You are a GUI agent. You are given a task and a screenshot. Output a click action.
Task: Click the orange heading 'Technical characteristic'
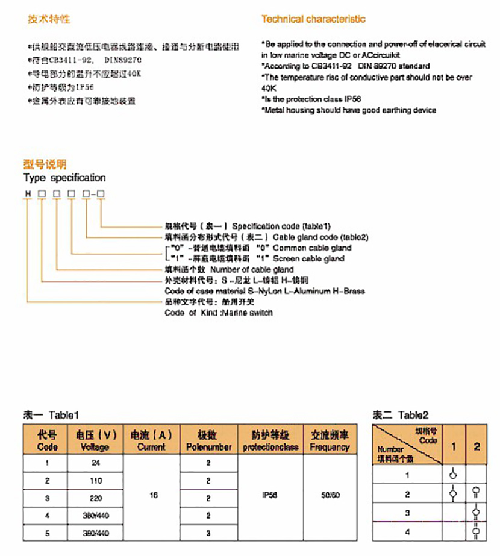click(313, 19)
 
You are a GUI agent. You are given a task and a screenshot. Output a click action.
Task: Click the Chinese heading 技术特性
click(49, 19)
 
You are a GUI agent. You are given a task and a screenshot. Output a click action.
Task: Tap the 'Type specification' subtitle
click(64, 178)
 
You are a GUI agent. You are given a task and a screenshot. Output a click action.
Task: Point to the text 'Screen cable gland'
click(308, 258)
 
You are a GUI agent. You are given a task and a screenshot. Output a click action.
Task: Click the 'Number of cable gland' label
click(252, 269)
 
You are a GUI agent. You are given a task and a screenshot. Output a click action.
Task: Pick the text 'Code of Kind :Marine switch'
click(219, 313)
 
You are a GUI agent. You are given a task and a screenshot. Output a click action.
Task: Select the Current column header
click(151, 440)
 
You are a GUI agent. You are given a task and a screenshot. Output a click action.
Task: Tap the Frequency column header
click(330, 440)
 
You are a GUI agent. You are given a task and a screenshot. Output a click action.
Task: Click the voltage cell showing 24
click(96, 464)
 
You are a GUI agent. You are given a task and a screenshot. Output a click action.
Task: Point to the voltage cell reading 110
click(96, 481)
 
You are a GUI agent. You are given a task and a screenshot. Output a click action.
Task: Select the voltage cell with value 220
click(96, 499)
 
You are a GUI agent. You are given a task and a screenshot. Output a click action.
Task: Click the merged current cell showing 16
click(153, 495)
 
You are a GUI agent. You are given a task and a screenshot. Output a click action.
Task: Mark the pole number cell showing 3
click(208, 534)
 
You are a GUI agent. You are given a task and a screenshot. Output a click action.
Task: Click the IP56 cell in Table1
click(270, 495)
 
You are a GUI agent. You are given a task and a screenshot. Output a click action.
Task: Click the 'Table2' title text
click(413, 415)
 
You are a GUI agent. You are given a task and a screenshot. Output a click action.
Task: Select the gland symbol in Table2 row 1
click(453, 474)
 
